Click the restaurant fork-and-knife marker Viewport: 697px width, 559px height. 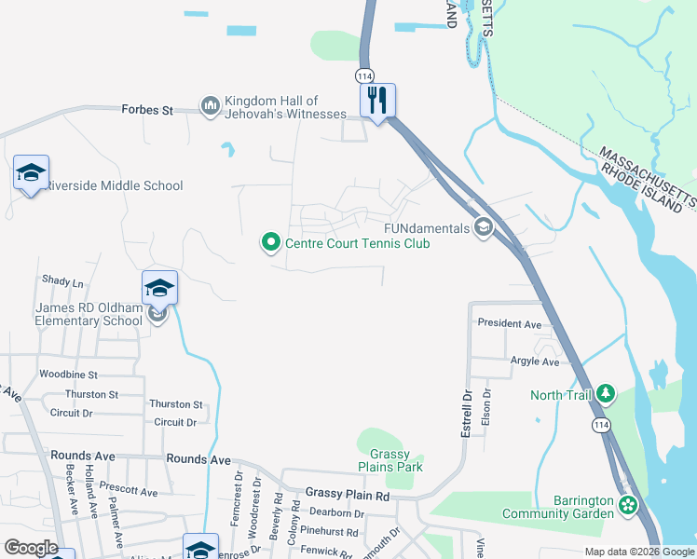pos(377,100)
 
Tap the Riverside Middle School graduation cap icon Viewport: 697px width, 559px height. pos(31,172)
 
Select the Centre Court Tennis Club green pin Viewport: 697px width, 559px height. pos(271,243)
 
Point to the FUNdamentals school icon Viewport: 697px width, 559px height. pos(484,227)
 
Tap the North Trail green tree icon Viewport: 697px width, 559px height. pos(607,394)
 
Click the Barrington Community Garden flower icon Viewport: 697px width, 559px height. pos(629,506)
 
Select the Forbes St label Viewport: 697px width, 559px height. pos(147,110)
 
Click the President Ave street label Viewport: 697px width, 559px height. pos(509,324)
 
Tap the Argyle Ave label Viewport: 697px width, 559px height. pos(534,361)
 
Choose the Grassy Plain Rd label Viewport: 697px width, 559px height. pos(348,495)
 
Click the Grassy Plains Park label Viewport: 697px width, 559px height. pos(389,461)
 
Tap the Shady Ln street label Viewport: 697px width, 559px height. pos(62,280)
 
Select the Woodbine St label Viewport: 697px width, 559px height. pos(68,375)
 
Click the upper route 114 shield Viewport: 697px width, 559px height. pos(362,74)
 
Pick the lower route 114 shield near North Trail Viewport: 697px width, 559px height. pos(598,424)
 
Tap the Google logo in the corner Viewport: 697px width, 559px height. pos(31,548)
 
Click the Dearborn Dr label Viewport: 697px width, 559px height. pos(336,512)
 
